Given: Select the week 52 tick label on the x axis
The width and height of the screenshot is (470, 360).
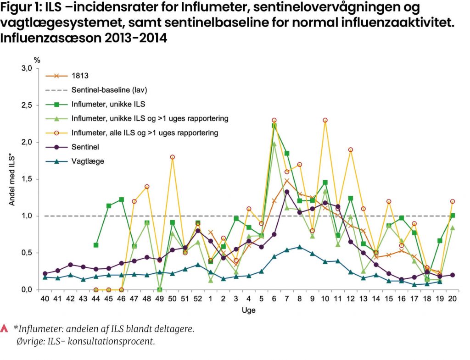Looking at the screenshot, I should pos(197,299).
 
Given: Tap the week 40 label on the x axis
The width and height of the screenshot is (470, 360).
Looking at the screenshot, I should pos(45,299).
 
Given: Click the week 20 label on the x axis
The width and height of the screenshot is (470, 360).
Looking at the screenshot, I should pos(453,299).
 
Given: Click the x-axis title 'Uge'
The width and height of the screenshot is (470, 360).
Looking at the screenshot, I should pos(249,310).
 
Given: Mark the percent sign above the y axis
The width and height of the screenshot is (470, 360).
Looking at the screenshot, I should pos(37,60).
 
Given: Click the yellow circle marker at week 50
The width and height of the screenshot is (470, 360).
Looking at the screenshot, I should pos(172,157).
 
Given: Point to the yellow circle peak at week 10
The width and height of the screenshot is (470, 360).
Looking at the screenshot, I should pos(325,120).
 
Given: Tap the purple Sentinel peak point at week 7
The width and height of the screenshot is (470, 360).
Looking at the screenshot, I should pos(287,192).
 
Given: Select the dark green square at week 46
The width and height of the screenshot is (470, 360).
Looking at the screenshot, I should pos(121,199).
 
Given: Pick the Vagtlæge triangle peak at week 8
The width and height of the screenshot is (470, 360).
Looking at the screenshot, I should pos(299,247).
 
